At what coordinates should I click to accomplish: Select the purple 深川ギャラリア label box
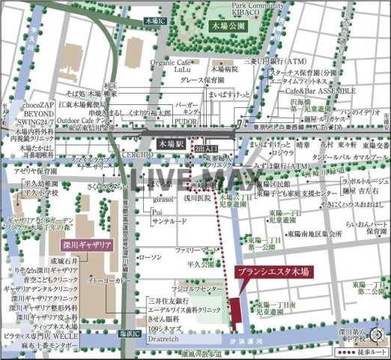[x=83, y=245]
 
